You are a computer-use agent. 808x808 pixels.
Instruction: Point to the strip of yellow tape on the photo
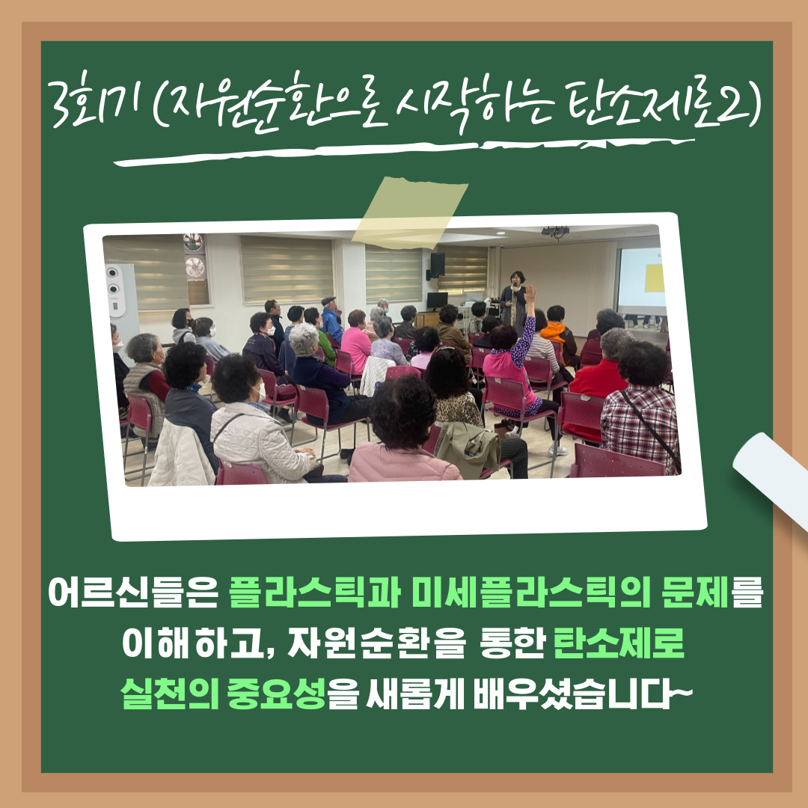pos(410,212)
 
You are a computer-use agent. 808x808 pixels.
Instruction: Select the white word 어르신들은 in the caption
pos(132,592)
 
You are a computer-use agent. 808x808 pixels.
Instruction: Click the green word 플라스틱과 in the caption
pos(315,592)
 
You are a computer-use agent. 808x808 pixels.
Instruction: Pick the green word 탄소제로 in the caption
pos(619,643)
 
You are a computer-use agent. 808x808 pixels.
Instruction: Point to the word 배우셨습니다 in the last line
pos(582,693)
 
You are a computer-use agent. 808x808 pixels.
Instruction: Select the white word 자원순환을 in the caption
pos(376,643)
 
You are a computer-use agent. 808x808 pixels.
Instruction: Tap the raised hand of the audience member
pos(530,294)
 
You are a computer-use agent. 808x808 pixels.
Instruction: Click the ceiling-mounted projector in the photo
pos(555,233)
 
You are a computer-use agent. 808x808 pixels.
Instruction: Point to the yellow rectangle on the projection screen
pos(653,278)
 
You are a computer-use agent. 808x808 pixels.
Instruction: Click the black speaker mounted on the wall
pos(438,264)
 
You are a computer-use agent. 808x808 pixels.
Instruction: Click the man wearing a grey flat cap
pos(331,319)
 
